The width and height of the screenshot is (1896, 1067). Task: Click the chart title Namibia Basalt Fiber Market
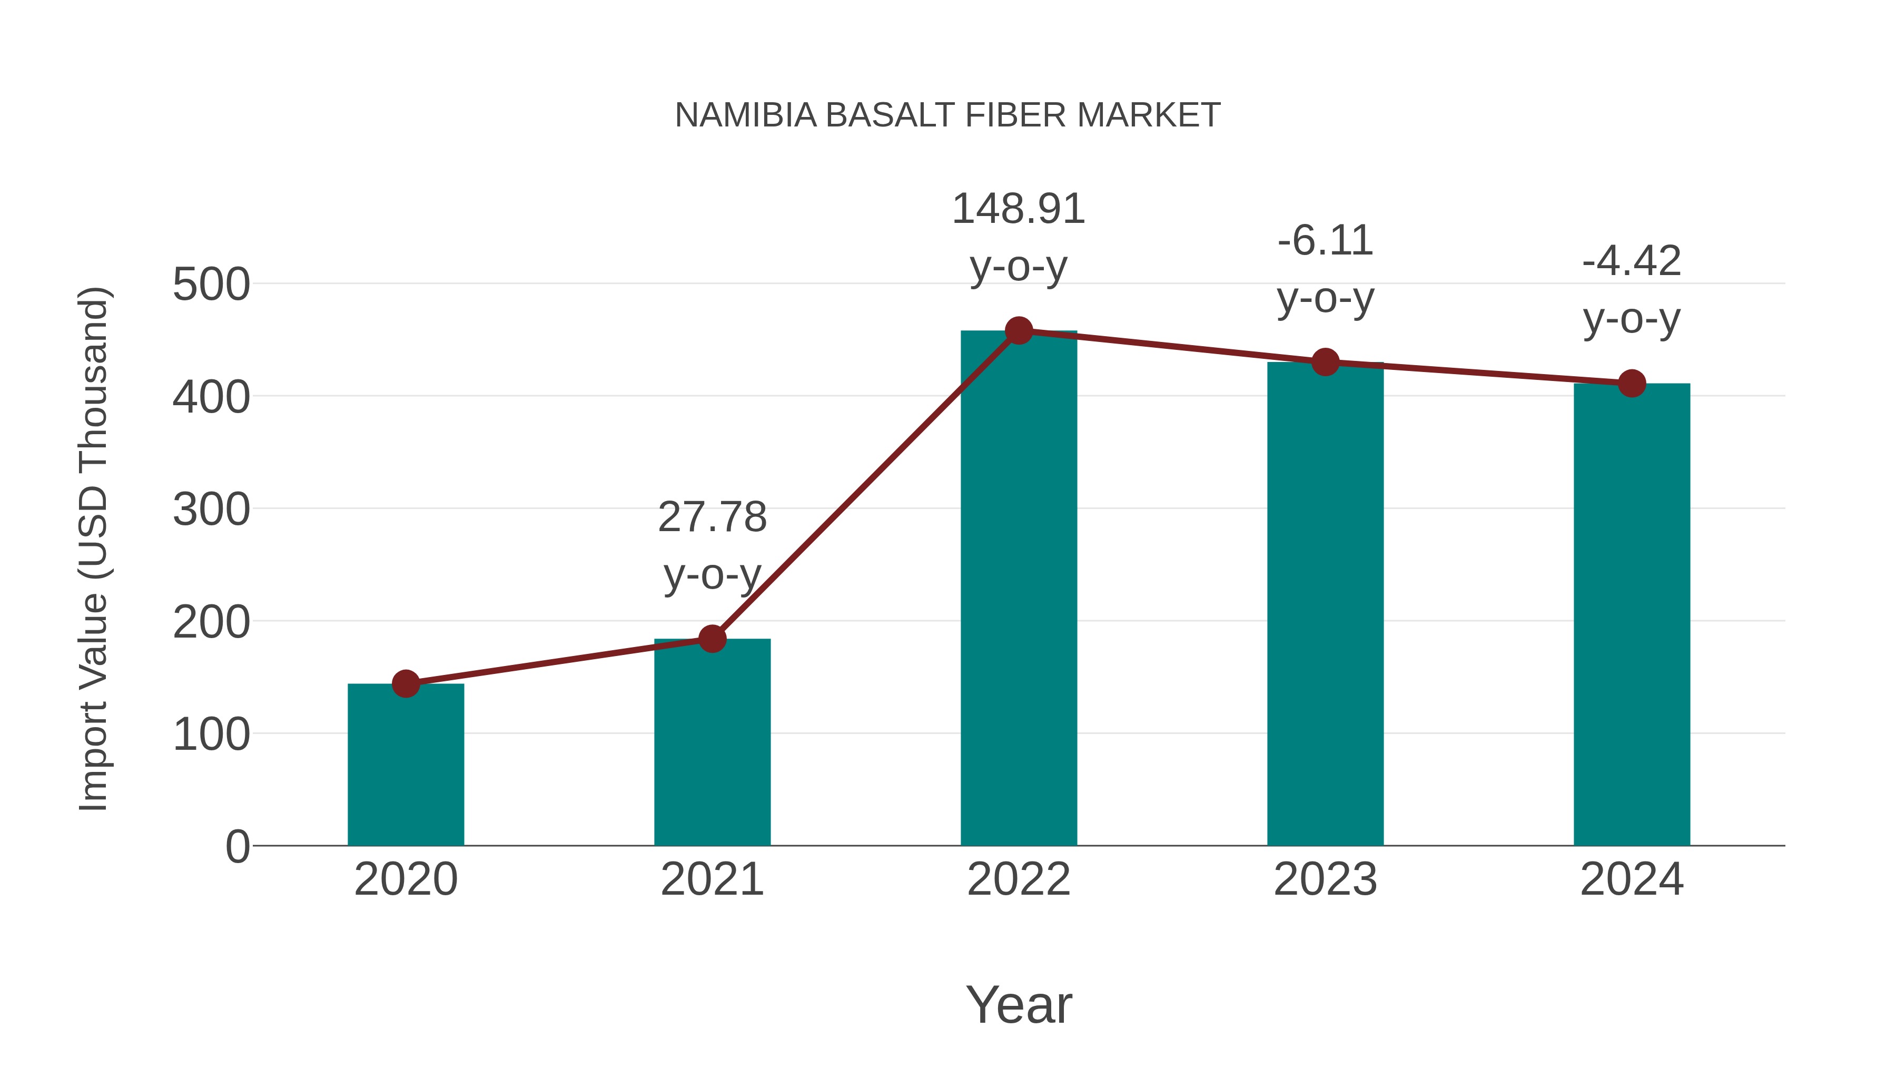pyautogui.click(x=947, y=115)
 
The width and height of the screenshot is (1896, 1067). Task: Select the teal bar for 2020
pyautogui.click(x=406, y=766)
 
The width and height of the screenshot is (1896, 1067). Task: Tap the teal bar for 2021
pyautogui.click(x=712, y=743)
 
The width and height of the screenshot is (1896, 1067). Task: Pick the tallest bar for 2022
pyautogui.click(x=1019, y=589)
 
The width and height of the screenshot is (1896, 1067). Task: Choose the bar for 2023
pyautogui.click(x=1325, y=604)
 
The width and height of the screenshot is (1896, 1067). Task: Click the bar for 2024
pyautogui.click(x=1632, y=615)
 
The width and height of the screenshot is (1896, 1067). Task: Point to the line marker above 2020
pyautogui.click(x=406, y=684)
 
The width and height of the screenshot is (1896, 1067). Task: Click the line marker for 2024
pyautogui.click(x=1632, y=384)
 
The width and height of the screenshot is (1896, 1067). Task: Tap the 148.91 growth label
pyautogui.click(x=1019, y=209)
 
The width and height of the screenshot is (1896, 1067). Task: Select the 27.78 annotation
pyautogui.click(x=712, y=517)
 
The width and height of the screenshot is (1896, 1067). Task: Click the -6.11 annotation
pyautogui.click(x=1325, y=241)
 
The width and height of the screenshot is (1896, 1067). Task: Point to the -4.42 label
pyautogui.click(x=1632, y=261)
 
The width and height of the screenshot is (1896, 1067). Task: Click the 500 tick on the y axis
pyautogui.click(x=211, y=285)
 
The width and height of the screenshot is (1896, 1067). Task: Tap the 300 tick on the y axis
pyautogui.click(x=211, y=510)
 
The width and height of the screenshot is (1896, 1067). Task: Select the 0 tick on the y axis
pyautogui.click(x=237, y=847)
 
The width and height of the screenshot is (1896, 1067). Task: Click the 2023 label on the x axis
pyautogui.click(x=1325, y=879)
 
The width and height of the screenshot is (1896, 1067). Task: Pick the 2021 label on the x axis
pyautogui.click(x=712, y=879)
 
